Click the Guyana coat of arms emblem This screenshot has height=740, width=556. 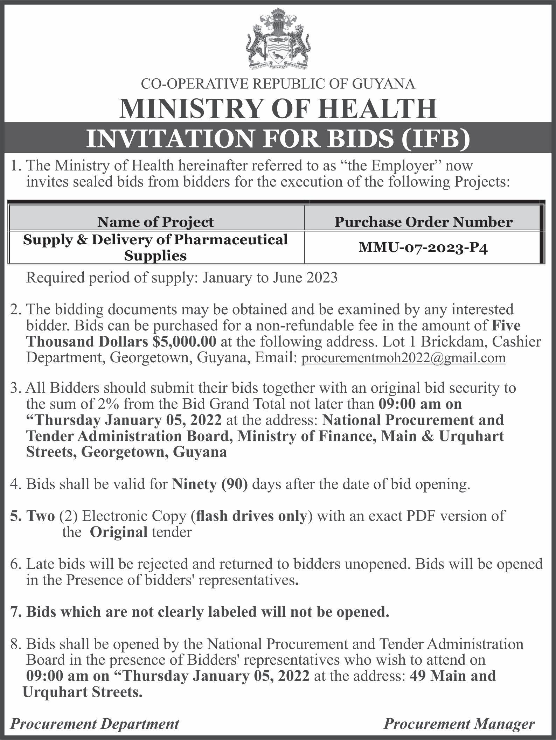(278, 39)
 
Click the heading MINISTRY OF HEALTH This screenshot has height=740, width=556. (278, 109)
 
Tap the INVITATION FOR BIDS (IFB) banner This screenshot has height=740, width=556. (278, 139)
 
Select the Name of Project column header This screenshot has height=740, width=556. (155, 222)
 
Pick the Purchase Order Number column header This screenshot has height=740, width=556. (423, 222)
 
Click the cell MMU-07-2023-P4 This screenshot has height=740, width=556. (423, 248)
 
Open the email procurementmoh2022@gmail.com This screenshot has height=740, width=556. (403, 357)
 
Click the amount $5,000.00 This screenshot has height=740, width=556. (185, 341)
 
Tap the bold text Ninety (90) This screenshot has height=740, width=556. (210, 484)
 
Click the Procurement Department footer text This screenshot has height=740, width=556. (95, 724)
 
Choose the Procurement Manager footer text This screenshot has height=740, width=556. (459, 724)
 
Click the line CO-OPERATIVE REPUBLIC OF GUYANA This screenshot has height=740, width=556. (278, 84)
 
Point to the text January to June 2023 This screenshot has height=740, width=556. (270, 278)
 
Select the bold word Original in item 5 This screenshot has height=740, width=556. (119, 532)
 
